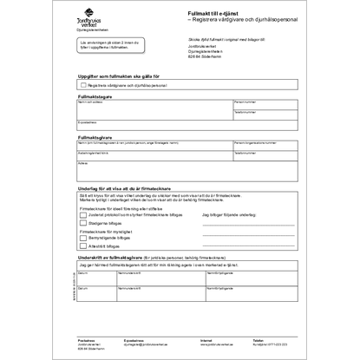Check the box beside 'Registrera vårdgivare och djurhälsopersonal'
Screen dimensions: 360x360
[81, 86]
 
